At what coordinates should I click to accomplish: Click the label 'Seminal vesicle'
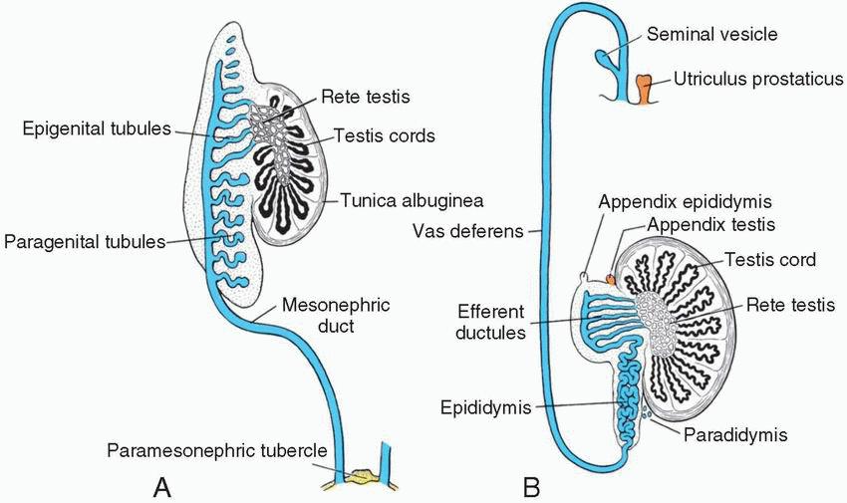pyautogui.click(x=711, y=35)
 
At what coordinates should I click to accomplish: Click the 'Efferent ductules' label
pyautogui.click(x=491, y=321)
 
